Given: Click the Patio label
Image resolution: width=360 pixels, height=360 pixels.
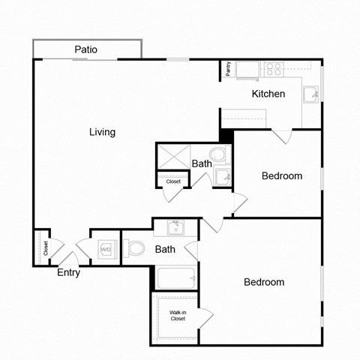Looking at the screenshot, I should point(86,50).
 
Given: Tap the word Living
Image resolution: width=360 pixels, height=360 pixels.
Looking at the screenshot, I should point(102,132).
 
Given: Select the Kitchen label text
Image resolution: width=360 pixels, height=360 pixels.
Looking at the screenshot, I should point(268,94).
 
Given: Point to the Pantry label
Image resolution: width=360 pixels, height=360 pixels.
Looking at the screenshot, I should point(228,69).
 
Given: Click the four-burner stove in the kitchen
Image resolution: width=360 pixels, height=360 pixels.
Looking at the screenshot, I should point(273,70).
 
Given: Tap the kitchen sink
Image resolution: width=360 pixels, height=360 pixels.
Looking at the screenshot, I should point(310,93).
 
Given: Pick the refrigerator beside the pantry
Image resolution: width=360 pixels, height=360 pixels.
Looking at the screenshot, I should point(247,70).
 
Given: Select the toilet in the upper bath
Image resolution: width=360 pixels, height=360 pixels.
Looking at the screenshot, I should point(217,156).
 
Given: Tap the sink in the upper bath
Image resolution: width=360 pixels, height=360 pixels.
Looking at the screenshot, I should point(222,177).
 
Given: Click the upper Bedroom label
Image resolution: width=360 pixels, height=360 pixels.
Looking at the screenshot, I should point(281,176).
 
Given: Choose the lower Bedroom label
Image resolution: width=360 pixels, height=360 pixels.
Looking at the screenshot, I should point(264,282).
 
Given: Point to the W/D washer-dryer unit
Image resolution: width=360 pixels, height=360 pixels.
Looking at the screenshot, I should point(106,249).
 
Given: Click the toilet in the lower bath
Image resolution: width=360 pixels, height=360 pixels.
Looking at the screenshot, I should point(135,248).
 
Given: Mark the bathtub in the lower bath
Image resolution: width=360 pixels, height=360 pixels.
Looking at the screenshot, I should point(175,278).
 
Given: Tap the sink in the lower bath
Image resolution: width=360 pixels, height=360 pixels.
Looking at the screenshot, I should point(175,226).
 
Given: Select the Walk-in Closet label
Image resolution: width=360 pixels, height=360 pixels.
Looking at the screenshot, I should point(178,316).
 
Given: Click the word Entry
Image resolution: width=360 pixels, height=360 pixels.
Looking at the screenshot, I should point(68,273).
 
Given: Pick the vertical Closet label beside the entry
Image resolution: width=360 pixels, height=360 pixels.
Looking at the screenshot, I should point(46,247).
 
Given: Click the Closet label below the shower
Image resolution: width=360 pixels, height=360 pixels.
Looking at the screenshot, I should point(173,181).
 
